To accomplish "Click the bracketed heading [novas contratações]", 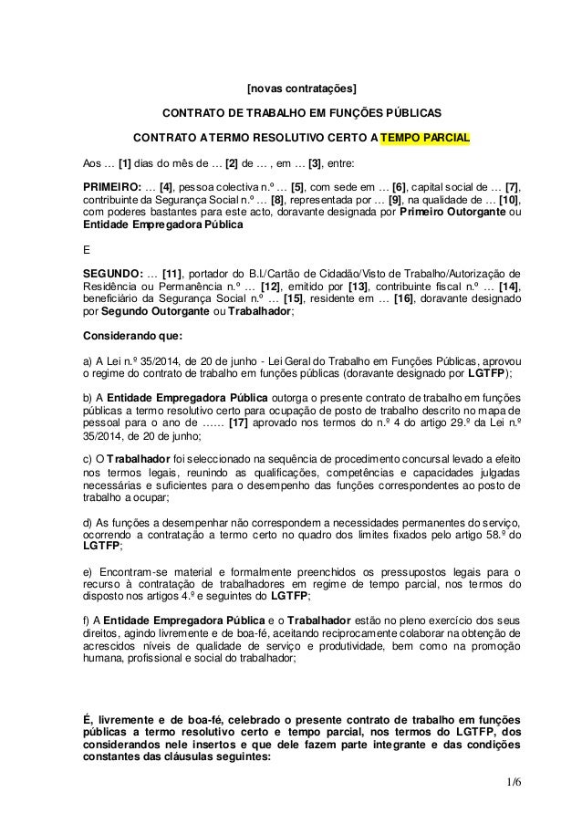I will click(x=302, y=89).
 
